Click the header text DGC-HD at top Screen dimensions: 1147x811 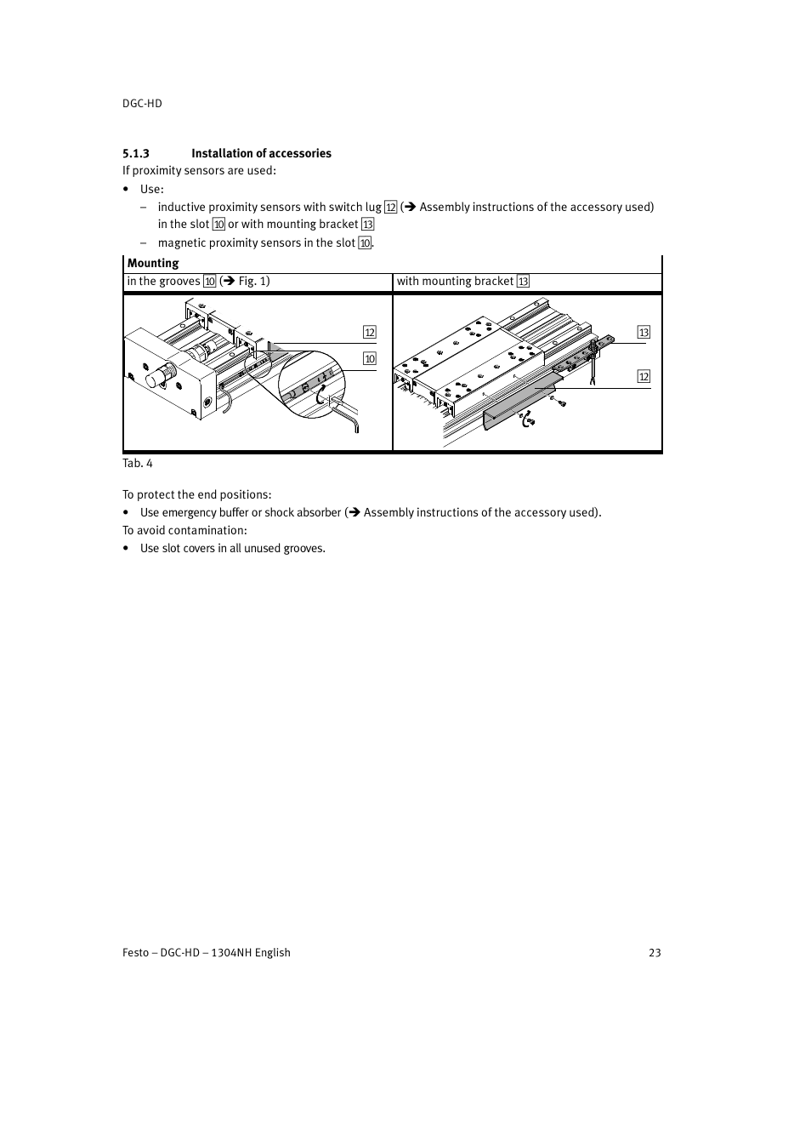[142, 103]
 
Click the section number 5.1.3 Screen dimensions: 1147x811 [136, 153]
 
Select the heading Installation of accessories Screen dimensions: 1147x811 [261, 153]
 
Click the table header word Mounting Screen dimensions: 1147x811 [153, 263]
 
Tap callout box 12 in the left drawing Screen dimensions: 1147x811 [370, 333]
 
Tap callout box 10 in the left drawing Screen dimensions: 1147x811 [370, 359]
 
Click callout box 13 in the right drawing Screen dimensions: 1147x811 [644, 333]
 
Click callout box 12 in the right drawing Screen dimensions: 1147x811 [644, 377]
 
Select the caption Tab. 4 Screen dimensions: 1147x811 [138, 463]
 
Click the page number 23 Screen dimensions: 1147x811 [655, 952]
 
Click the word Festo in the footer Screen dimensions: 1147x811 [135, 952]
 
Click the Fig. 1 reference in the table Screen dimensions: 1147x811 [252, 281]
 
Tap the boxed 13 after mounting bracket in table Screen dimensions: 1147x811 [523, 282]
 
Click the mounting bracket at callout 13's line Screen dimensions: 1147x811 [599, 345]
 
